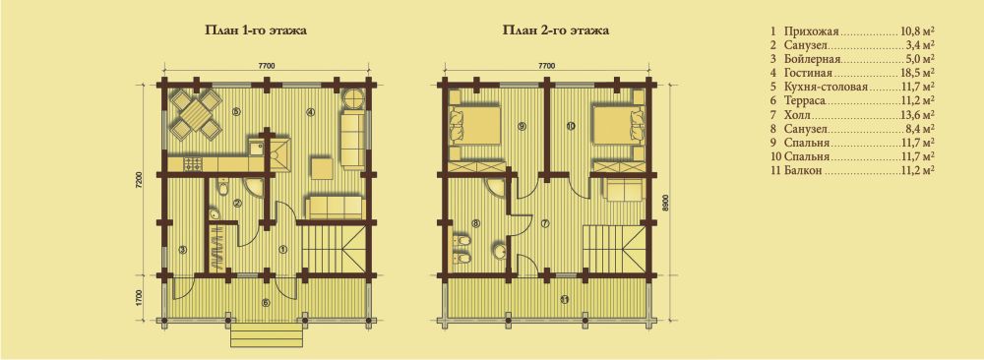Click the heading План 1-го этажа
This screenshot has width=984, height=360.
256,30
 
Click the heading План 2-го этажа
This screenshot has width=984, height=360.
556,30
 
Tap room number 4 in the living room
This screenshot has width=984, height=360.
310,113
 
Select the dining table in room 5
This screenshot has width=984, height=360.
195,113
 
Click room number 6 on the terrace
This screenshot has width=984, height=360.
266,303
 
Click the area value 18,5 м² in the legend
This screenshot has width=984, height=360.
915,73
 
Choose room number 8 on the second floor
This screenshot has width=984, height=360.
475,222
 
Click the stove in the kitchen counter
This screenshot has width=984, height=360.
192,164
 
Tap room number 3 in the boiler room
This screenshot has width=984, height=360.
182,250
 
